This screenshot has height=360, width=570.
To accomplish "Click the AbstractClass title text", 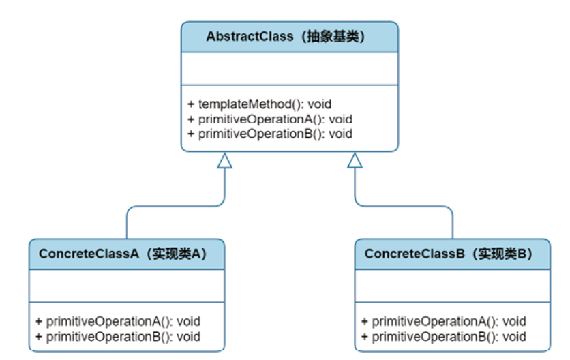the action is coord(286,37).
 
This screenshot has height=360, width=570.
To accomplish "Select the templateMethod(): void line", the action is coord(260,104).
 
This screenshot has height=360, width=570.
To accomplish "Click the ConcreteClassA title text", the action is coord(123,254).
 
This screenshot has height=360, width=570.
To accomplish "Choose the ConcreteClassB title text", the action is coord(449,254).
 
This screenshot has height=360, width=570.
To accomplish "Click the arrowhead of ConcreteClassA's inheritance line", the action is coord(224,160).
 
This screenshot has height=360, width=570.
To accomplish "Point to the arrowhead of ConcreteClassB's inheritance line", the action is coord(355,160).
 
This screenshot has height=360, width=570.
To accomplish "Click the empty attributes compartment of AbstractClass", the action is coord(290,69).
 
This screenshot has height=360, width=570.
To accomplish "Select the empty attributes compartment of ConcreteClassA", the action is coord(127,286).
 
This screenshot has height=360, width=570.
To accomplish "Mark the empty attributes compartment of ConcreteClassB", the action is coord(453,286).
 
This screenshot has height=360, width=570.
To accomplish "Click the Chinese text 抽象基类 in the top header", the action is coord(333,37).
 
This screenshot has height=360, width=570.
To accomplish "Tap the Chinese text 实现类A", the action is coord(177,254).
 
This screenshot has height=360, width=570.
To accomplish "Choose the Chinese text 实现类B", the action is coord(502,254).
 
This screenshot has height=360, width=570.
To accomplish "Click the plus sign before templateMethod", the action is coord(191,105).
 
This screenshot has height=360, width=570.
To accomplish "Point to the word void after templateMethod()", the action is coord(320,104).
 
